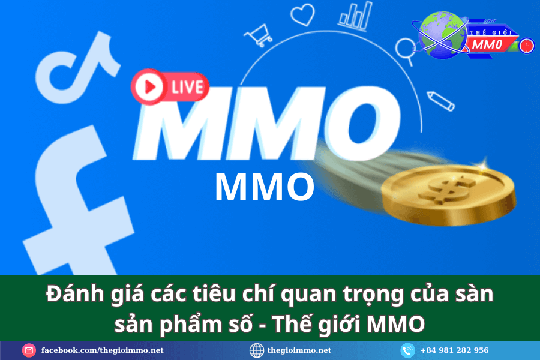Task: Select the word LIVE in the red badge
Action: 187,87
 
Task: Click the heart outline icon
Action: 302,14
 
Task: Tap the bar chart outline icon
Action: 356,16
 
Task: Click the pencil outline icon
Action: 441,101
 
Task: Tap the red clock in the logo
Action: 526,46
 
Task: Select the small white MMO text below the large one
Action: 265,187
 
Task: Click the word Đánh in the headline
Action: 75,294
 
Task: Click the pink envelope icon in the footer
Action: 29,350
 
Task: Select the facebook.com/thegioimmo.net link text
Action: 102,350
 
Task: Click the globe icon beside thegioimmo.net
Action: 257,350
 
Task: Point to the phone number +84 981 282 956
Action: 454,350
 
